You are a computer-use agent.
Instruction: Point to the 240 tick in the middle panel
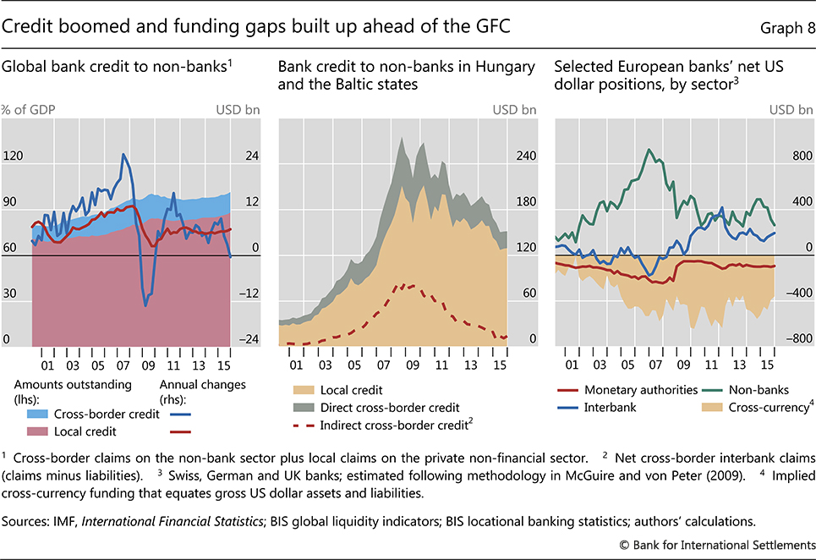pos(526,156)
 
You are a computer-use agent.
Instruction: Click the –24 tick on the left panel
pos(251,339)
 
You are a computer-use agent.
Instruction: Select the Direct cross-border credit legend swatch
pos(302,408)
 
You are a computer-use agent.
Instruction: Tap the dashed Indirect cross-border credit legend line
pos(302,425)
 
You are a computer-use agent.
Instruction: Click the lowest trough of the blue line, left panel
pos(145,305)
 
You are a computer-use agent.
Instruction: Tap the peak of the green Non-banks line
pos(649,150)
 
